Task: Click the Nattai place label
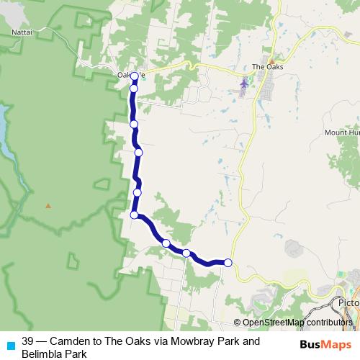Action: tap(22, 32)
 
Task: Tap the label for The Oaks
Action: tap(268, 68)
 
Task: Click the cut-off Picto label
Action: tap(348, 303)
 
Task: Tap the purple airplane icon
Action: tap(243, 84)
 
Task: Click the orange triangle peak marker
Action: tap(48, 206)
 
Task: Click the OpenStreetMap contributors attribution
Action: tap(296, 323)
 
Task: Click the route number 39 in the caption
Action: tap(28, 341)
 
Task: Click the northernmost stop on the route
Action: tap(134, 76)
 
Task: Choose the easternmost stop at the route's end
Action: tap(228, 263)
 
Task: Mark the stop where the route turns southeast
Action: tap(134, 215)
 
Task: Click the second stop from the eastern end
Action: tap(186, 253)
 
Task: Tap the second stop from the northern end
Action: tap(133, 89)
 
